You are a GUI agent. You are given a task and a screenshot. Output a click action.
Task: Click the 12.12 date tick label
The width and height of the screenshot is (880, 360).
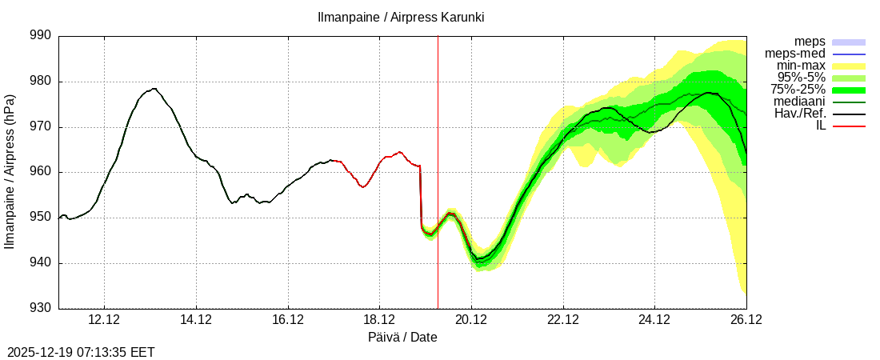[105, 320]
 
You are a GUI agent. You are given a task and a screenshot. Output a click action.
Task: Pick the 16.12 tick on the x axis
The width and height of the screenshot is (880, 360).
[288, 320]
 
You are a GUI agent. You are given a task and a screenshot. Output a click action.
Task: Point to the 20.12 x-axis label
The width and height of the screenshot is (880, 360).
[471, 320]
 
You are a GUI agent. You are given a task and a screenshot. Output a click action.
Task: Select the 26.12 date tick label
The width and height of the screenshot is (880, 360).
[746, 320]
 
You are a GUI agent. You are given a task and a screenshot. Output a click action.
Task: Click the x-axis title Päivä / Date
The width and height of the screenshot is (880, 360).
[402, 338]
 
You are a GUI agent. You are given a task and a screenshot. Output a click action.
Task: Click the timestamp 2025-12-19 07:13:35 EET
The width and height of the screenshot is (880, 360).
[81, 352]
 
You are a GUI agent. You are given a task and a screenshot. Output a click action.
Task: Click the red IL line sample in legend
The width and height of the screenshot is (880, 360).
[849, 126]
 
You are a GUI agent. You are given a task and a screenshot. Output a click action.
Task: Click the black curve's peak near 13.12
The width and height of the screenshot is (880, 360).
[153, 89]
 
